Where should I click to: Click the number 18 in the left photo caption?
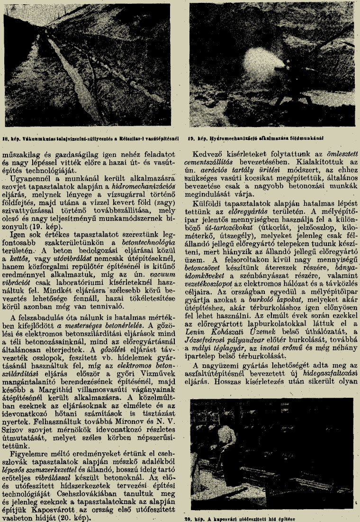tap(7, 137)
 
